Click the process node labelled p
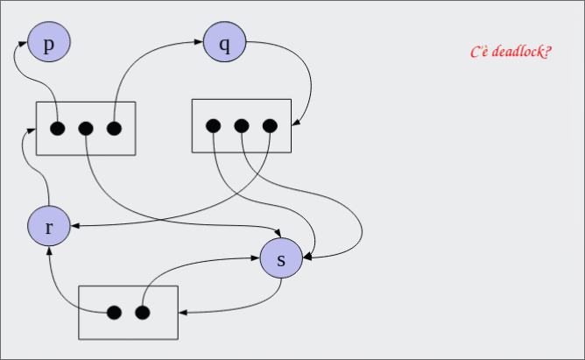click(49, 43)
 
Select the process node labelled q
click(225, 43)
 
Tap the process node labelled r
click(49, 227)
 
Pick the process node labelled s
click(281, 259)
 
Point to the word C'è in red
click(479, 53)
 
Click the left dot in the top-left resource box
click(58, 129)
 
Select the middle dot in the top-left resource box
click(86, 129)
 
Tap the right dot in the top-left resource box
click(114, 129)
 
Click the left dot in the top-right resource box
click(214, 126)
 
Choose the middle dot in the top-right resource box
click(242, 126)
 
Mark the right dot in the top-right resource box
click(270, 126)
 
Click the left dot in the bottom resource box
click(114, 312)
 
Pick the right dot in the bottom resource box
click(142, 312)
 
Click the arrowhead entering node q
click(200, 41)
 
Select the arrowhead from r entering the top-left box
click(31, 130)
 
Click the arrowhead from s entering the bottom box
click(182, 312)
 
